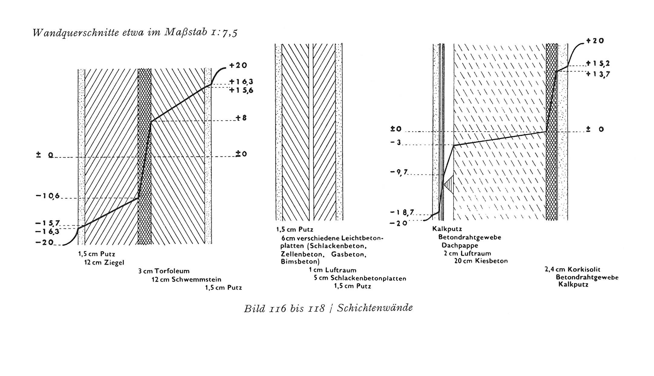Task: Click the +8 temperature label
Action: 242,118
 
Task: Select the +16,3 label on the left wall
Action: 241,81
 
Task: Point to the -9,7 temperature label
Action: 399,172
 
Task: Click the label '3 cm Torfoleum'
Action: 164,271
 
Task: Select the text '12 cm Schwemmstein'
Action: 186,279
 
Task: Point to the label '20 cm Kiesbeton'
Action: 481,261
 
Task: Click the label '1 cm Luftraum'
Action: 333,270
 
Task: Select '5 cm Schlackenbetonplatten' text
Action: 360,278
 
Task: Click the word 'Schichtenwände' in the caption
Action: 375,308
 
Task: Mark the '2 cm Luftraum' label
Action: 467,253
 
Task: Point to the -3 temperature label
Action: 395,142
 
